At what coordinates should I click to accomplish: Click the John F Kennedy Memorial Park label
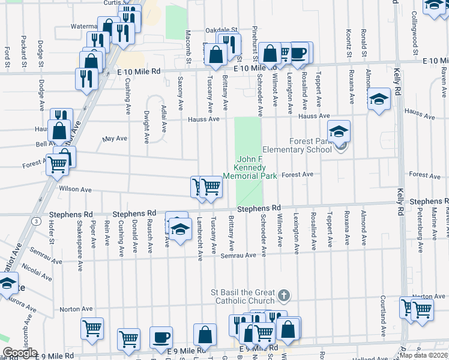click(250, 167)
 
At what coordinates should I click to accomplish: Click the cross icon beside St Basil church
click(285, 296)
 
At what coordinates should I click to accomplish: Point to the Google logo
click(19, 353)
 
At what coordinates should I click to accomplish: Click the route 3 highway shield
click(37, 221)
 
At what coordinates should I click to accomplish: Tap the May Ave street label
click(115, 139)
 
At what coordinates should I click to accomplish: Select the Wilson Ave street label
click(75, 189)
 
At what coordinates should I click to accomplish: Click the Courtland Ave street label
click(382, 316)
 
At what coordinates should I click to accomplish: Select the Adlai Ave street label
click(163, 117)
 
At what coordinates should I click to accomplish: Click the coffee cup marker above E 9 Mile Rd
click(161, 337)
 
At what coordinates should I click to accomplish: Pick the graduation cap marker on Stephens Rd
click(179, 229)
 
